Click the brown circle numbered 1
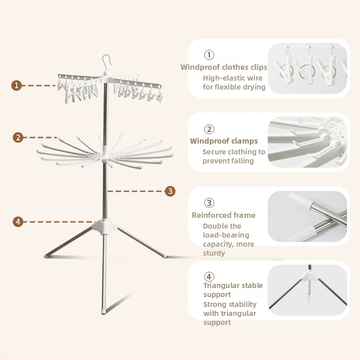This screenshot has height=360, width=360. pos(17,85)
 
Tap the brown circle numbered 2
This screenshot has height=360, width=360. pos(18,138)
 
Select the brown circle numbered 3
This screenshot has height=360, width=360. pos(170,191)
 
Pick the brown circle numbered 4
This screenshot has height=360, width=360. pos(18,222)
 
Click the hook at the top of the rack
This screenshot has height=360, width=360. pos(107,62)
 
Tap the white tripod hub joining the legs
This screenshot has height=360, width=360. pos(105,227)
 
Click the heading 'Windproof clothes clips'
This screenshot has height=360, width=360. pos(224,67)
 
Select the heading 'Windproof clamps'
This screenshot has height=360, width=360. pos(224,141)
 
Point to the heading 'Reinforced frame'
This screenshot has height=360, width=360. pos(224,215)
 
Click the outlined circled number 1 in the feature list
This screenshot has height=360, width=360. pos(209,55)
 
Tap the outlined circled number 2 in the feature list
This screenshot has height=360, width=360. pos(209,129)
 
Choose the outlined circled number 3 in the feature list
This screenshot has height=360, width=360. pos(209,203)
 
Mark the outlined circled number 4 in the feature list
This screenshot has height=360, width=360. pos(209,277)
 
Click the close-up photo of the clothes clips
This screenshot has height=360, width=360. pos(307,68)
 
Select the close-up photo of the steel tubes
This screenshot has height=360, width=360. pos(307,216)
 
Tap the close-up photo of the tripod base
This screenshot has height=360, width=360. pos(307,290)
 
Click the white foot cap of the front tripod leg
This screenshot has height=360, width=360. pos(104,312)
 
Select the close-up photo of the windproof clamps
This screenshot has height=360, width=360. pos(307,142)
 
